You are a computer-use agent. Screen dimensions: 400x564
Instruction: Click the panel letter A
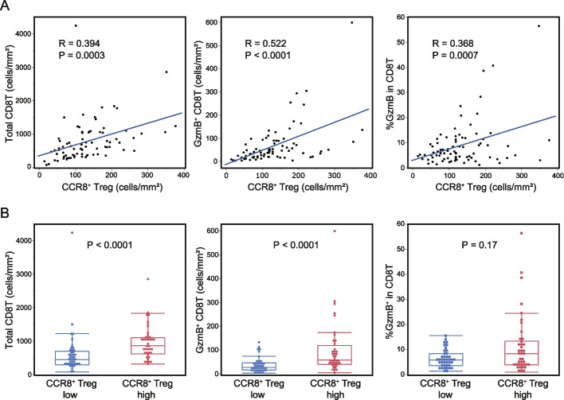point(8,8)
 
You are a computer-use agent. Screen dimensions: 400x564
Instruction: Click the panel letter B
point(8,215)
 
